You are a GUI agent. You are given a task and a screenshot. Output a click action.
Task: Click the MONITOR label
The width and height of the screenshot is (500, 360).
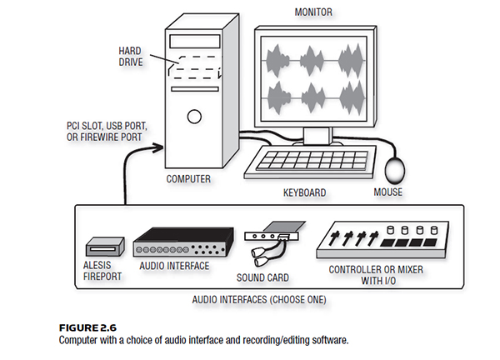[313, 12]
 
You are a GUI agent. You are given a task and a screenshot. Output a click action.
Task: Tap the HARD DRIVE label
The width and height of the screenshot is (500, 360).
[131, 56]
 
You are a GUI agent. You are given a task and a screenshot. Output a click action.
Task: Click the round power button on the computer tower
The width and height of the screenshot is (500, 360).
[194, 117]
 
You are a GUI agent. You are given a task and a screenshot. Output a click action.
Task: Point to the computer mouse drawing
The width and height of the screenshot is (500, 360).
[395, 170]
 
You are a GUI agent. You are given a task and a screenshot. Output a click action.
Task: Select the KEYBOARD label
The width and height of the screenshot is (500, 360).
[304, 192]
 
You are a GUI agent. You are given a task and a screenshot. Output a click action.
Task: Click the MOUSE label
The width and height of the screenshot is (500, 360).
[388, 192]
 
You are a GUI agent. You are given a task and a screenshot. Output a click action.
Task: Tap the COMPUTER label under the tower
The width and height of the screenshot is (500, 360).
[188, 179]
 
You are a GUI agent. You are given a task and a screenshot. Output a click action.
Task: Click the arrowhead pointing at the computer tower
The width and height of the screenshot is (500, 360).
[157, 148]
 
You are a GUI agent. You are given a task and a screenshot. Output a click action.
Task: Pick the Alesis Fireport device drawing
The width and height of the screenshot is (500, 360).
[105, 247]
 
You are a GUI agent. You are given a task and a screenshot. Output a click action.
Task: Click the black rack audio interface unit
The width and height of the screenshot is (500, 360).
[183, 242]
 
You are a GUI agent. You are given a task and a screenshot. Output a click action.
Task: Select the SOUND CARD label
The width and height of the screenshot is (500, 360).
[262, 277]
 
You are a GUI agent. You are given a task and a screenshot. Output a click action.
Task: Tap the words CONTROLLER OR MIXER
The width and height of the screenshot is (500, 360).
[376, 270]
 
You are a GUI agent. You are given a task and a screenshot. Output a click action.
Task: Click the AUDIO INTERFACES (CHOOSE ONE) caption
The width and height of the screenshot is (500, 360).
[259, 300]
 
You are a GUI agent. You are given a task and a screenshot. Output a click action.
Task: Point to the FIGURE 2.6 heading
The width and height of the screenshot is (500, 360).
[87, 327]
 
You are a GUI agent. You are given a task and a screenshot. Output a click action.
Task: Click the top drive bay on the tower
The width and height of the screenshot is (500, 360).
[195, 41]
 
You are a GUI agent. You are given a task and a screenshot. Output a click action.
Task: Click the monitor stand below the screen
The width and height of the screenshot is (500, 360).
[317, 137]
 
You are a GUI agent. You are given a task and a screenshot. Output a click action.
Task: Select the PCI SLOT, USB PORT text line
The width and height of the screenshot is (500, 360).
[107, 126]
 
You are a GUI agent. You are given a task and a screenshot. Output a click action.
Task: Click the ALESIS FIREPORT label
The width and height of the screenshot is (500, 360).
[102, 271]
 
